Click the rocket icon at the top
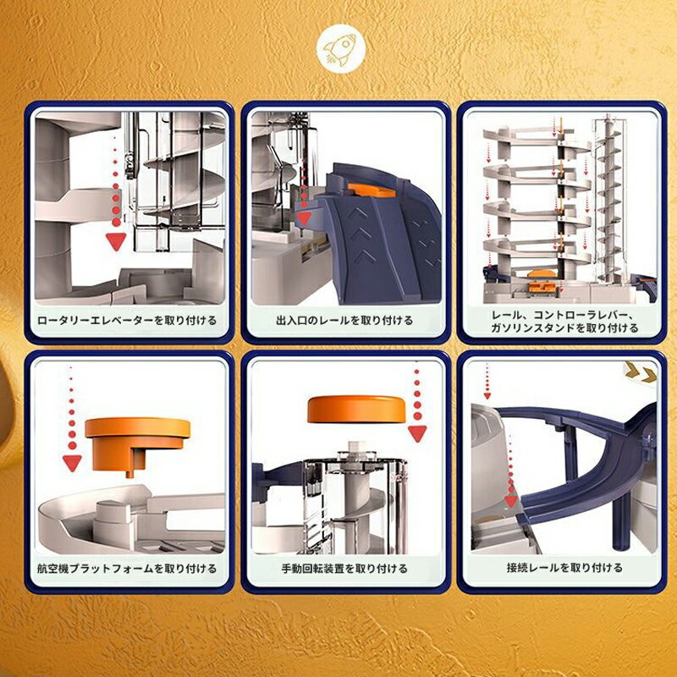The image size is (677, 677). (x=341, y=49)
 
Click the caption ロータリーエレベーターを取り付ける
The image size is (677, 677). (x=127, y=321)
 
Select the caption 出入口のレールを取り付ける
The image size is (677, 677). (x=344, y=321)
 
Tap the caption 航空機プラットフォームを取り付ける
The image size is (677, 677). (x=127, y=569)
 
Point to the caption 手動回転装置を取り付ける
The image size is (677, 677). (x=344, y=569)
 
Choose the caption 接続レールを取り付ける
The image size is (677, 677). (x=564, y=568)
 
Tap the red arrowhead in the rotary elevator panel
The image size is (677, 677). (x=116, y=241)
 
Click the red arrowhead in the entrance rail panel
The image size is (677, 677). (x=305, y=218)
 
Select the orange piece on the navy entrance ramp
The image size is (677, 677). (x=372, y=190)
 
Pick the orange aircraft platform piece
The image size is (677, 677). (x=137, y=445)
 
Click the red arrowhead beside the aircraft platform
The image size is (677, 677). (x=72, y=463)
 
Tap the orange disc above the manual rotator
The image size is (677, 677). (x=356, y=409)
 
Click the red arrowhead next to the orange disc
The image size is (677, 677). (x=417, y=433)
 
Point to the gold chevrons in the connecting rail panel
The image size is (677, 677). (x=641, y=371)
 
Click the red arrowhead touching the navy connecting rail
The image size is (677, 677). (x=511, y=501)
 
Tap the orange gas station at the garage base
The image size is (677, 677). (x=542, y=282)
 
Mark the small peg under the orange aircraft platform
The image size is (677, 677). (x=129, y=474)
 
